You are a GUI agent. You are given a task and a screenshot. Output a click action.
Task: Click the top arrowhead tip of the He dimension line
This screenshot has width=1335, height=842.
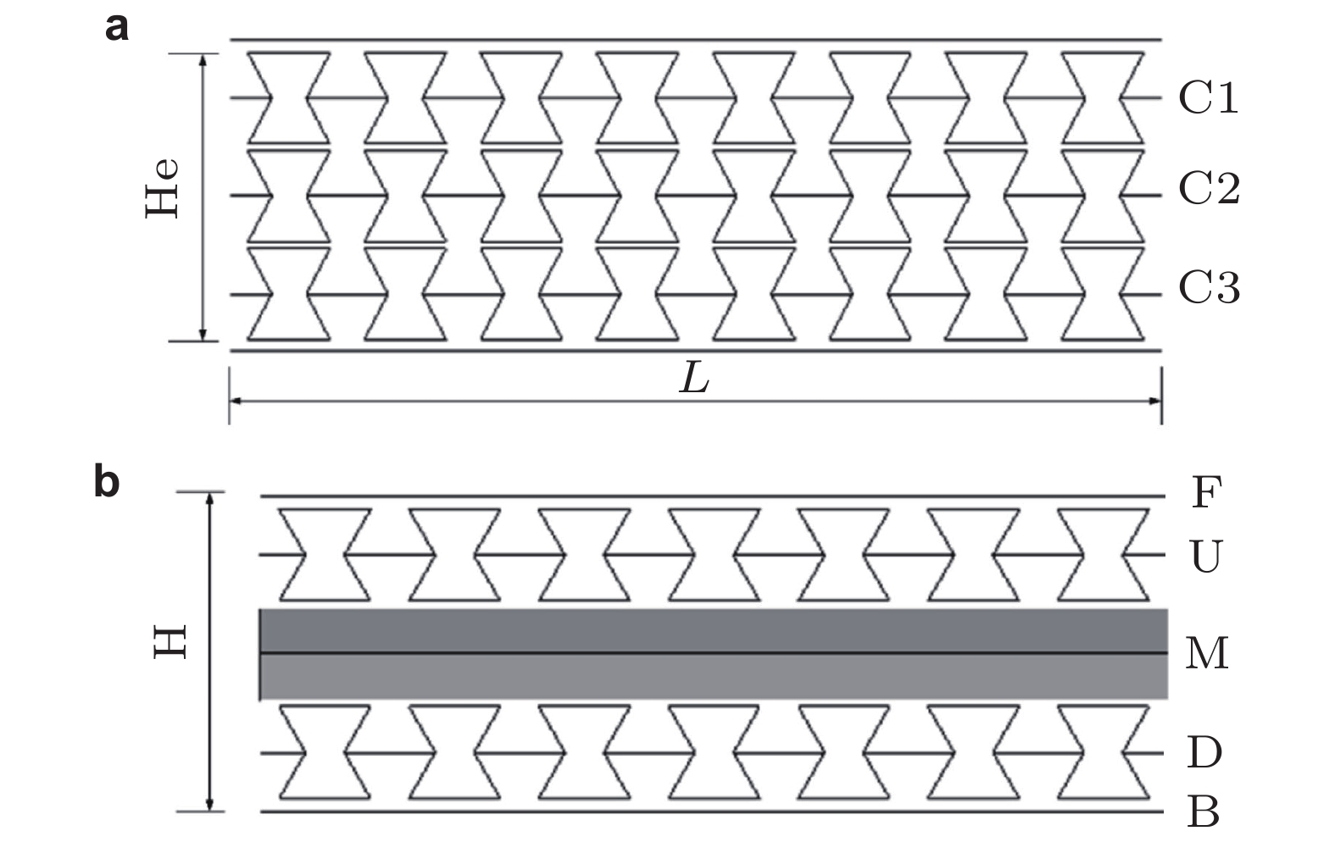click(203, 54)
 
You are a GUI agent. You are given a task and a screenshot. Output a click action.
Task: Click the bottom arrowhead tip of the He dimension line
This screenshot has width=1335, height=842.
click(203, 341)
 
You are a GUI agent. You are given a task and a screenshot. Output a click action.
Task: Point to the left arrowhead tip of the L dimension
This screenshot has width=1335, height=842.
click(230, 401)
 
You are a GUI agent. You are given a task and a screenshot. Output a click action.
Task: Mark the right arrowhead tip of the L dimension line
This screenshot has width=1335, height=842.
click(1161, 401)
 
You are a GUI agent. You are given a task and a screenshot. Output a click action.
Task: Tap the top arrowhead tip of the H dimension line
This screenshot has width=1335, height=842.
click(209, 492)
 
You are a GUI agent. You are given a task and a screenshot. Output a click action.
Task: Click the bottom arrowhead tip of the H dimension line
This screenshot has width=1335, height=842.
click(209, 811)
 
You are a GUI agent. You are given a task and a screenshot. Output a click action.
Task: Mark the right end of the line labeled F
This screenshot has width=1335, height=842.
click(1165, 496)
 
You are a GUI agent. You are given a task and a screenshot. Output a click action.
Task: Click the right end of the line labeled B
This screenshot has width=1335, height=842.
click(1164, 812)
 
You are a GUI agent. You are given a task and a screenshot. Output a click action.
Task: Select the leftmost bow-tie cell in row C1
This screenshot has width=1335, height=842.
click(289, 97)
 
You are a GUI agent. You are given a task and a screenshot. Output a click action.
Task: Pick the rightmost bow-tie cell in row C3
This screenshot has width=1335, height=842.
click(1103, 294)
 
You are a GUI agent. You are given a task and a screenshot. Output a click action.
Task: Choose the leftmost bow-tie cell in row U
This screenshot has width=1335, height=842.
click(325, 554)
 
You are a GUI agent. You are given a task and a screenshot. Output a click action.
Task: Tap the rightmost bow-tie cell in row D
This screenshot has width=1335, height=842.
click(1103, 753)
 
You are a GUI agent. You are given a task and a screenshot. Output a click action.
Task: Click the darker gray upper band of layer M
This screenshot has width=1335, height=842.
click(714, 630)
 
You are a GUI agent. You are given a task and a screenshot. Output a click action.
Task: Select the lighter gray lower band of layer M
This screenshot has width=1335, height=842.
click(714, 677)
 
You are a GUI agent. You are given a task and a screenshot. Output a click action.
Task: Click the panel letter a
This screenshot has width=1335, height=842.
click(117, 27)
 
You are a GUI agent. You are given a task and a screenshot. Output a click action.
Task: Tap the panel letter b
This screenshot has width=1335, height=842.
click(107, 483)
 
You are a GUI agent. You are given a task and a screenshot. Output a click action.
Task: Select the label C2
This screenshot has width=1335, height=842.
click(1210, 189)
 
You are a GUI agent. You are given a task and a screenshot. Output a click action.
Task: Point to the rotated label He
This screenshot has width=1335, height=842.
click(162, 187)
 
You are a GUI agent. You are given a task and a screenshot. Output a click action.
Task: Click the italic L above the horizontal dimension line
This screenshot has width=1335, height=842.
click(694, 378)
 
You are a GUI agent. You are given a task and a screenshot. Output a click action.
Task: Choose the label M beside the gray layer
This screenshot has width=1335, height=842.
click(1207, 652)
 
